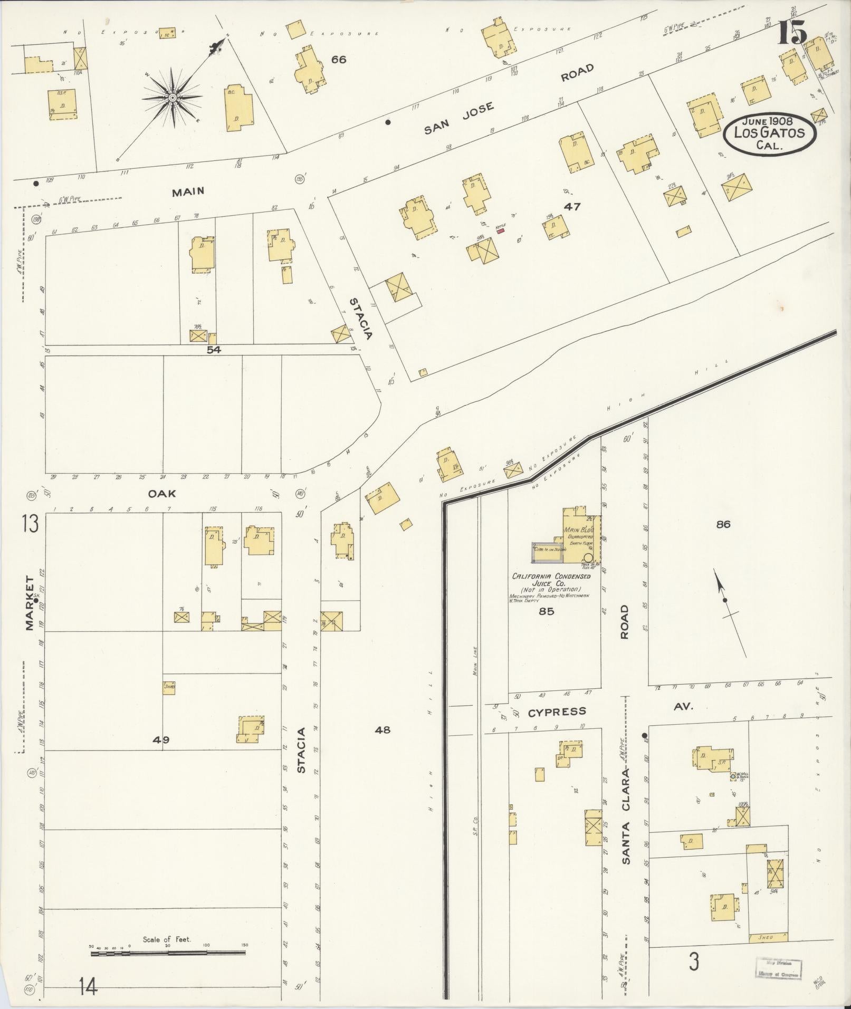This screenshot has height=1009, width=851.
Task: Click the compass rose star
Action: (x=173, y=98)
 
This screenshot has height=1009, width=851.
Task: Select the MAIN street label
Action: (x=188, y=192)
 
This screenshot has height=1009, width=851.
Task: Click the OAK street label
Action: (x=161, y=494)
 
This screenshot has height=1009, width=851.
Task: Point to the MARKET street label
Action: (x=29, y=603)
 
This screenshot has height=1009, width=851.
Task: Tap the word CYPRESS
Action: (x=556, y=712)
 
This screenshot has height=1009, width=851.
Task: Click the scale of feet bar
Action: (x=168, y=953)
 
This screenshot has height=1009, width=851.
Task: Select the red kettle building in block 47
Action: (x=500, y=230)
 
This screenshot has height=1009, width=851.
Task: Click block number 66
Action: (x=338, y=60)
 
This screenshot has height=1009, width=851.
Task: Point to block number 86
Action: (x=723, y=524)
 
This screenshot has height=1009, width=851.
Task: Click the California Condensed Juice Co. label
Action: (x=551, y=580)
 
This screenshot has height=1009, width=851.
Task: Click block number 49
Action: (x=160, y=740)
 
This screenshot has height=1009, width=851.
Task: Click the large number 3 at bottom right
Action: (x=694, y=962)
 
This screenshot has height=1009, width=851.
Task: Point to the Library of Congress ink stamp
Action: (x=778, y=968)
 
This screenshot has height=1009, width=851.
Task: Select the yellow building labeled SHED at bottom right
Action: (x=768, y=937)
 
